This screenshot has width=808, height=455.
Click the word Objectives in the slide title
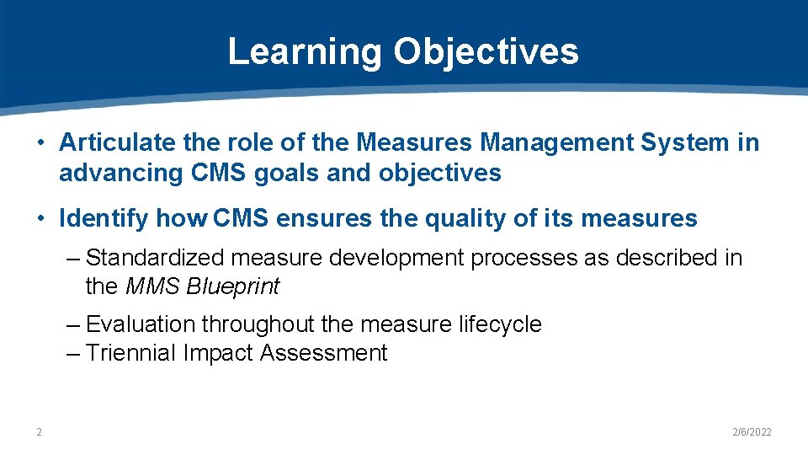click(x=486, y=51)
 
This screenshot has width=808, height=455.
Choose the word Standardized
click(x=157, y=257)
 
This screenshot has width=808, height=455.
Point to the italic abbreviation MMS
click(x=152, y=286)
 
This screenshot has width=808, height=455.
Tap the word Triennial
click(x=131, y=353)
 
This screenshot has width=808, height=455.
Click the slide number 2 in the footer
click(x=39, y=432)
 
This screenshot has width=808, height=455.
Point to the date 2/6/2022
click(x=752, y=432)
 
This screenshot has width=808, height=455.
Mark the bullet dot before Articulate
click(x=40, y=143)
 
